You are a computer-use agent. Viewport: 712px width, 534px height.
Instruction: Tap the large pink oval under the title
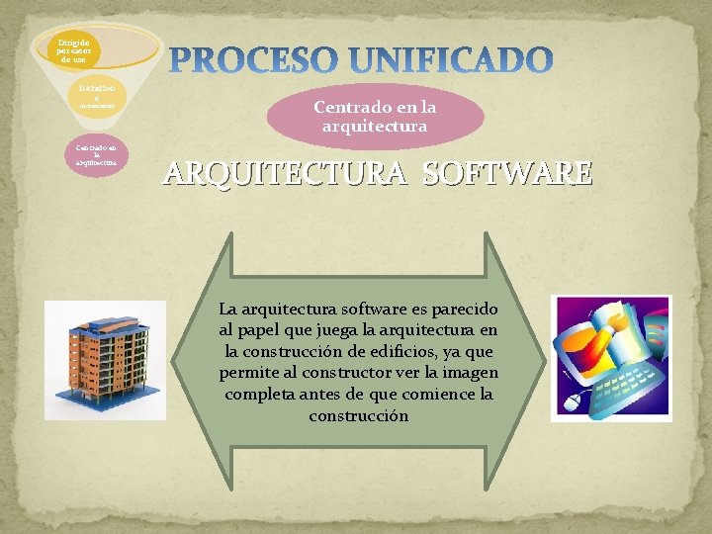point(375,117)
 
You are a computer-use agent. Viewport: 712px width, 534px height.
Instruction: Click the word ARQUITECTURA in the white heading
point(287,174)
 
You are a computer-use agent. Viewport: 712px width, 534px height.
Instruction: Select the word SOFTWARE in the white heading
point(507,174)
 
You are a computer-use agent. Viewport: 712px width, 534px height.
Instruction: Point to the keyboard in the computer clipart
point(618,391)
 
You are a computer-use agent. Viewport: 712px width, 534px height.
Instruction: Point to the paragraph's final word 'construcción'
point(358,416)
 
